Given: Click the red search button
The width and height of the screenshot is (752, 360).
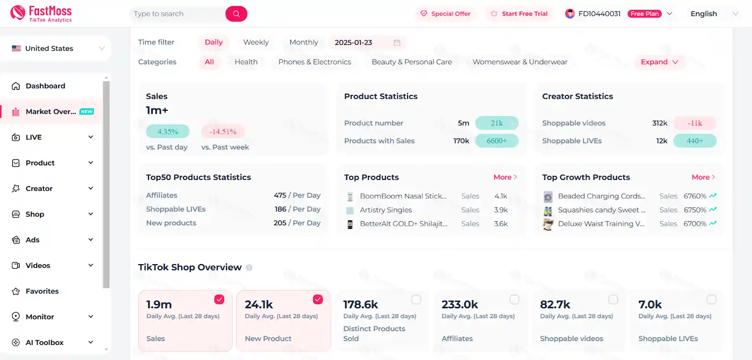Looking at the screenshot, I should click(x=236, y=14).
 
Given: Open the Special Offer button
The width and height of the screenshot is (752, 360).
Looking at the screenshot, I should click(x=445, y=14).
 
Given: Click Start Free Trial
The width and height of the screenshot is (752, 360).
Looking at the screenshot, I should click(x=519, y=14).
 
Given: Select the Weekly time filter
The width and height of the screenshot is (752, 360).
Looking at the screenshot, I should click(x=256, y=42).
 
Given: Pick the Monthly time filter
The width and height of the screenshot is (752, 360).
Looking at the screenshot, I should click(x=304, y=42).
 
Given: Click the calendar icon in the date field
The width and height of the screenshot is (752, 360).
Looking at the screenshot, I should click(x=397, y=43).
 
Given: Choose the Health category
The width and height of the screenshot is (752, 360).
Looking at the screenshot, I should click(x=246, y=62).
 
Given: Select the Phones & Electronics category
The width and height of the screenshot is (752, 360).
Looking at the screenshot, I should click(x=314, y=62).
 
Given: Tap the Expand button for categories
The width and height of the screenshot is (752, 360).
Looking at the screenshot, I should click(x=659, y=62).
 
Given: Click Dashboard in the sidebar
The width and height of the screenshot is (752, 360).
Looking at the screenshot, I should click(x=45, y=86).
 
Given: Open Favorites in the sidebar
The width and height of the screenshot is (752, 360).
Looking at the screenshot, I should click(x=42, y=291).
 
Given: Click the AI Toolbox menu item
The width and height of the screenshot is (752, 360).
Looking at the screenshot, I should click(x=44, y=343).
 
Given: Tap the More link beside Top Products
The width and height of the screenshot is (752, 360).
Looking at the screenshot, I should click(x=505, y=177).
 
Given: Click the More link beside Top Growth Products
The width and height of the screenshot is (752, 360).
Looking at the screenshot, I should click(x=703, y=177).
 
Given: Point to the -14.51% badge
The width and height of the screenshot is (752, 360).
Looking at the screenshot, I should click(x=223, y=132).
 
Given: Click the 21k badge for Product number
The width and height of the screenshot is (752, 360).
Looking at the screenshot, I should click(x=497, y=123).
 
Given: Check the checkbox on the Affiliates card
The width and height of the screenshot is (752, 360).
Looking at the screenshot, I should click(x=515, y=299).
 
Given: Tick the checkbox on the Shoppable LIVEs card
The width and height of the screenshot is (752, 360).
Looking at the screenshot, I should click(x=712, y=299).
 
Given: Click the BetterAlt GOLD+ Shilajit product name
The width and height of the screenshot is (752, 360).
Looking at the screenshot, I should click(x=403, y=224).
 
